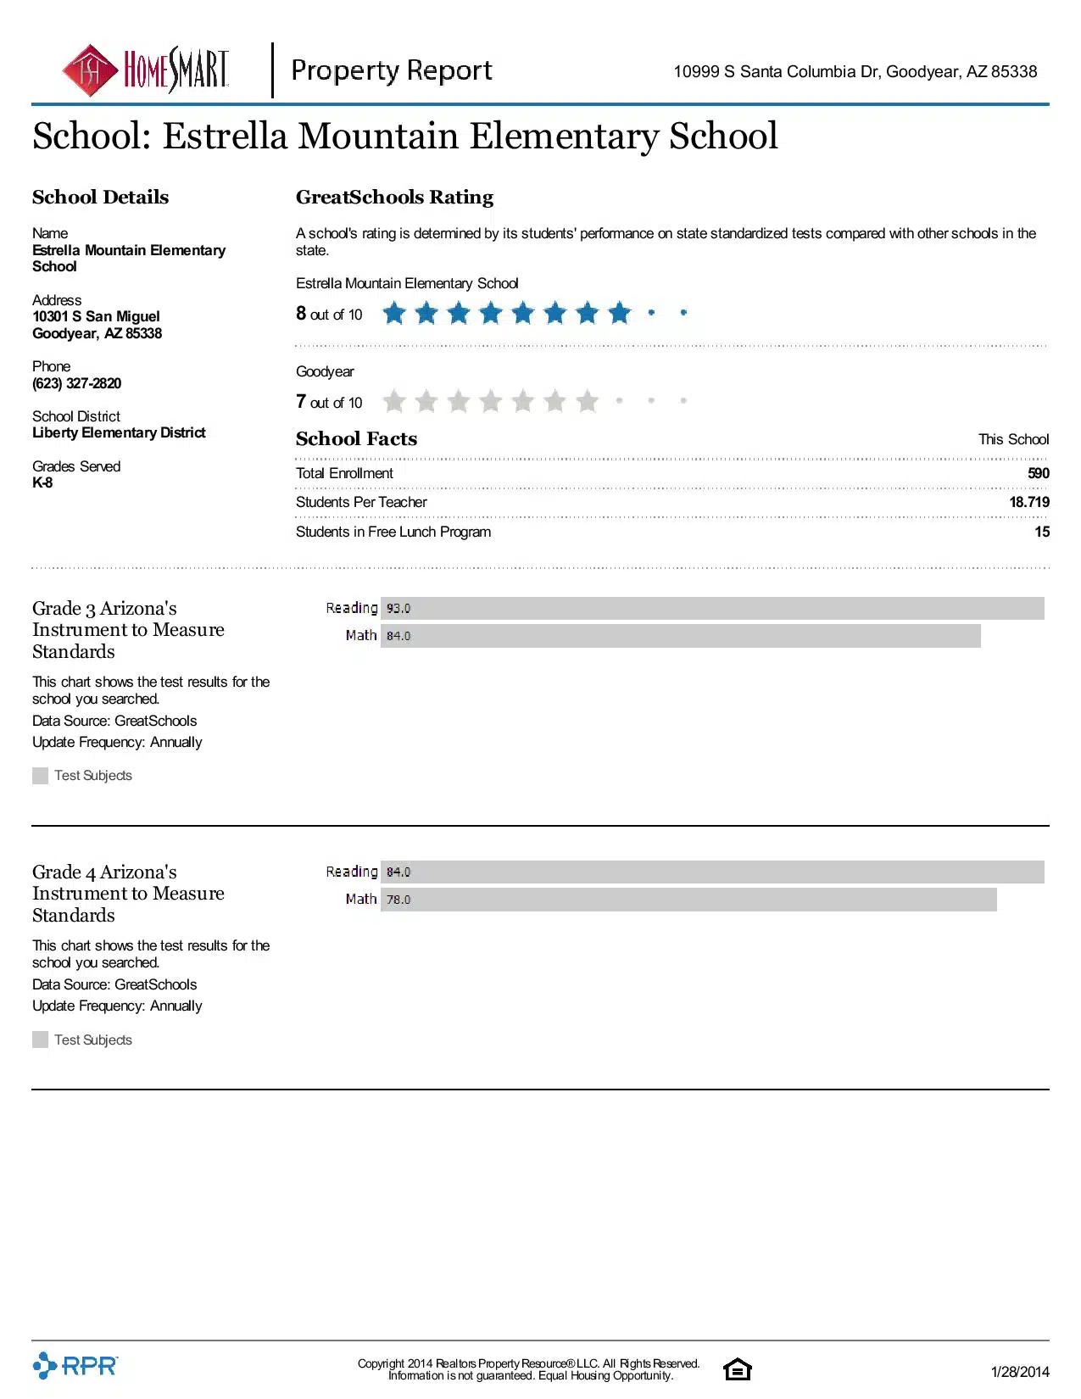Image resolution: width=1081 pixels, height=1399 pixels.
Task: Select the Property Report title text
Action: (x=391, y=70)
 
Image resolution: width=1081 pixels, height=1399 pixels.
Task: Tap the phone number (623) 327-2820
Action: (x=76, y=383)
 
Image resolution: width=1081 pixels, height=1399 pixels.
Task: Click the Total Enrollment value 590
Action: (x=1038, y=473)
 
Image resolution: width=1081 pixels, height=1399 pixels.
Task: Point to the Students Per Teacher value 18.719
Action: (x=1028, y=502)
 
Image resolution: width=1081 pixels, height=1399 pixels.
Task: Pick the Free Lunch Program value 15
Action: (x=1042, y=532)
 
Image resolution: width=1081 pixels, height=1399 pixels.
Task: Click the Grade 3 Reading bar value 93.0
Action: (x=398, y=609)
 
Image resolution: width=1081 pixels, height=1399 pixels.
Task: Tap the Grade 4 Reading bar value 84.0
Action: (x=398, y=872)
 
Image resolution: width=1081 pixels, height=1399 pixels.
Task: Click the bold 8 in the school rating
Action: (x=301, y=313)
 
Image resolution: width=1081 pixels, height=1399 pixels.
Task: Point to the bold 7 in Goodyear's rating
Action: (x=301, y=401)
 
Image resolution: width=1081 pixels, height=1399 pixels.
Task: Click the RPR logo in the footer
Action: (x=75, y=1365)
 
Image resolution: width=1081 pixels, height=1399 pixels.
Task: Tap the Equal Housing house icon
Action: (x=737, y=1369)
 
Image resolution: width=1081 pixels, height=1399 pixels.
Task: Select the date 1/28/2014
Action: (x=1019, y=1372)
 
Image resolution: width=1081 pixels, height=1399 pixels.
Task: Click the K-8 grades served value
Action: (x=42, y=482)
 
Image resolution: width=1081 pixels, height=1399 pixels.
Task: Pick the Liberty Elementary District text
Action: (x=119, y=432)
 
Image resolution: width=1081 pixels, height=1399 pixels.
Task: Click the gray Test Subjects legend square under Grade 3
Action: (x=40, y=776)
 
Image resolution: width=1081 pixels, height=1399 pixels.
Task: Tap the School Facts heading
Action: (x=356, y=439)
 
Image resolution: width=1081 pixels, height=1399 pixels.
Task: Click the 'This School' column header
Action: (x=1013, y=439)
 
